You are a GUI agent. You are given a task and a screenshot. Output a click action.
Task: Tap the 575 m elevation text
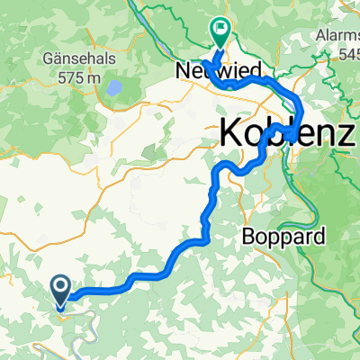coord(76,77)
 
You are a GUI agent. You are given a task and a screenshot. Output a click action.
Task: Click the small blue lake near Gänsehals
coord(114,89)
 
